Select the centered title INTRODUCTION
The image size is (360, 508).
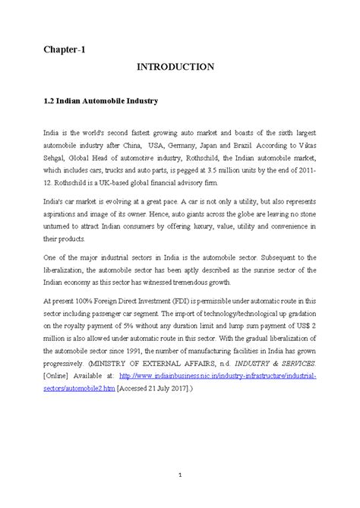(175, 68)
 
